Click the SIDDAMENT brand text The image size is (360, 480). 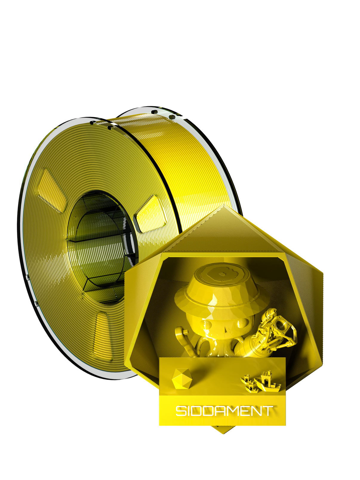[224, 411]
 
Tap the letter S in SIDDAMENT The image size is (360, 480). [181, 411]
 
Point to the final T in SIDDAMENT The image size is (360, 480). [267, 411]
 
